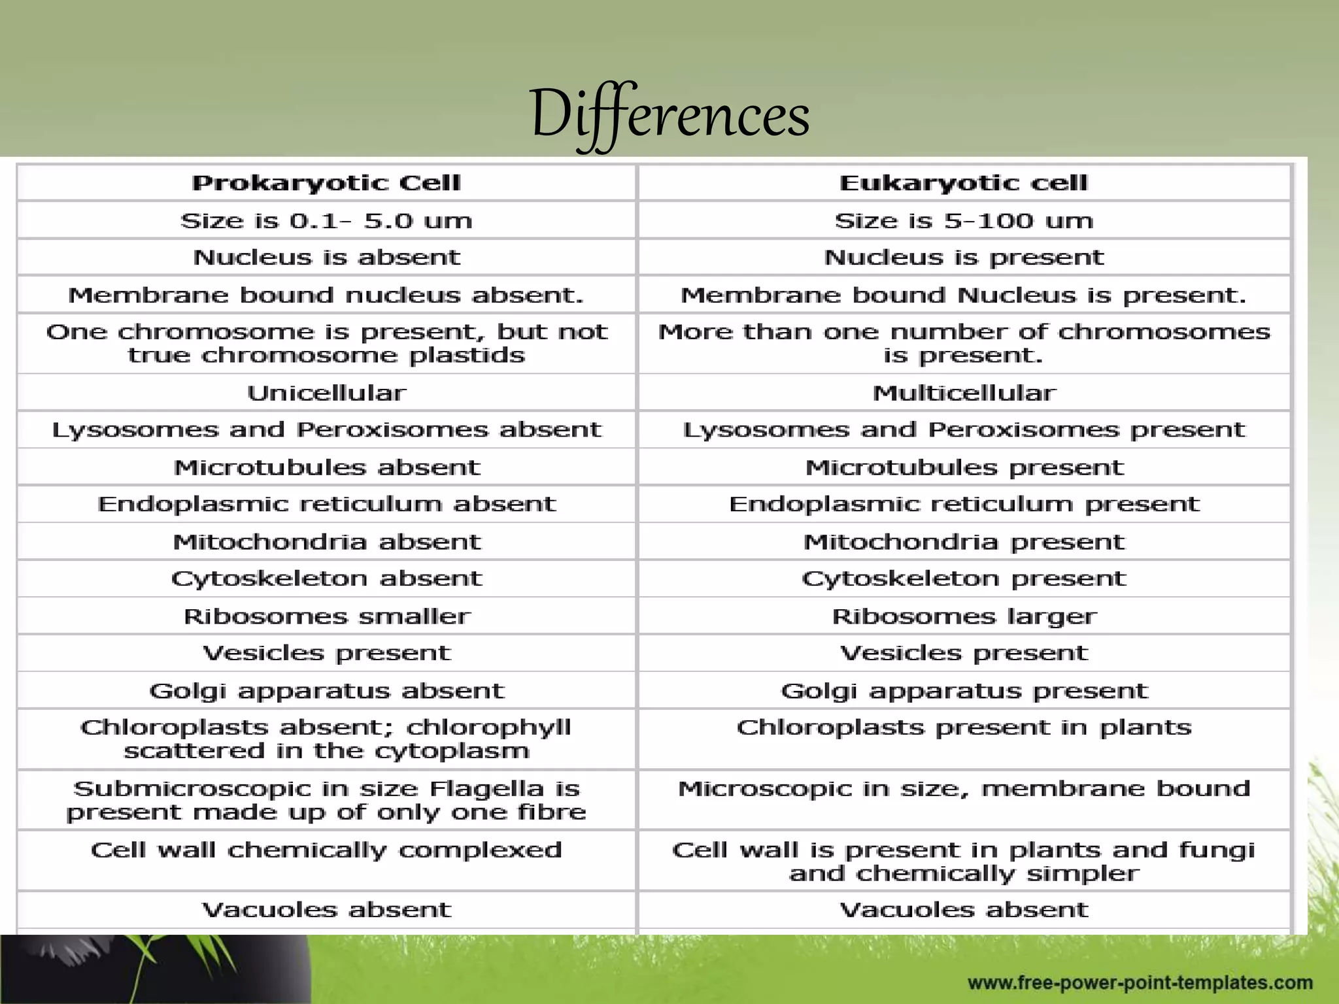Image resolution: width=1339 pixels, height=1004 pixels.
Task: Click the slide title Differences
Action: click(669, 115)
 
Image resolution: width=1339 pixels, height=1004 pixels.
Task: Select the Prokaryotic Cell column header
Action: click(326, 183)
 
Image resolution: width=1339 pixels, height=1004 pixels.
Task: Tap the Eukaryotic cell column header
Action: click(964, 183)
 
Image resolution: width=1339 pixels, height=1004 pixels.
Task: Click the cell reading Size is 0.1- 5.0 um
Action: click(326, 221)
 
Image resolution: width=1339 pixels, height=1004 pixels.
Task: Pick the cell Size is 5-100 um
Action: click(964, 221)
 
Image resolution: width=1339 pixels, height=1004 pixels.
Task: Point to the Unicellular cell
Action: click(326, 393)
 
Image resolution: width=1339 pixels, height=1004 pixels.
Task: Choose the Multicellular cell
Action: click(964, 393)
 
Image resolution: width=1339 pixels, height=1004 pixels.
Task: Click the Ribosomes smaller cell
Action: click(326, 616)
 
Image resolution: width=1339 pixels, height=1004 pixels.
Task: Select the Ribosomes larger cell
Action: click(964, 616)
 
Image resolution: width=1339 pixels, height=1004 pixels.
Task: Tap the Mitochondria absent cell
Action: click(326, 542)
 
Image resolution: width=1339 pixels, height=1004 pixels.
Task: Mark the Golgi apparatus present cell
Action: click(964, 691)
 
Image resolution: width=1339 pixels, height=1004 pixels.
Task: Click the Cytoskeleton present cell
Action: click(964, 578)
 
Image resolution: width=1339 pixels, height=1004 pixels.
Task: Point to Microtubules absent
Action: click(326, 467)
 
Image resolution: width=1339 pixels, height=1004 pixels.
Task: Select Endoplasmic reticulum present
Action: click(964, 504)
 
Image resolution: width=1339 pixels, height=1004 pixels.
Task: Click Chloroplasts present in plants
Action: click(964, 728)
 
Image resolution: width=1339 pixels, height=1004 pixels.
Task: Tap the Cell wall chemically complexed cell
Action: click(326, 850)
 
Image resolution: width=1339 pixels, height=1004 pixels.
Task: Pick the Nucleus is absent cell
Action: click(326, 258)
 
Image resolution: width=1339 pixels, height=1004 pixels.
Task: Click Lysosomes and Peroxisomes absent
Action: click(326, 430)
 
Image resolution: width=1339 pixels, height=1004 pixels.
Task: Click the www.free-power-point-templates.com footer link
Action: click(1140, 982)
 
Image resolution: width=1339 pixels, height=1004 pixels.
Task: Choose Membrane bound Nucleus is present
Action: click(964, 295)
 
